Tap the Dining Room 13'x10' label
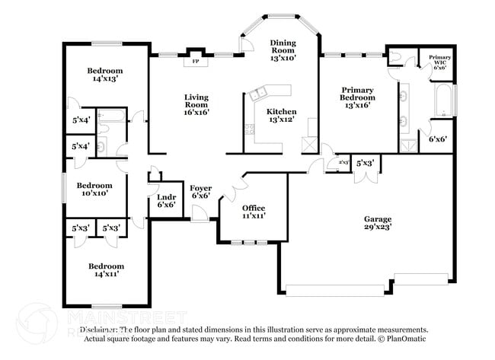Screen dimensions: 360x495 tap(283, 49)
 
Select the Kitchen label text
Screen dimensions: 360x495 tap(281, 116)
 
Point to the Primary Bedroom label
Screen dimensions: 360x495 tap(357, 97)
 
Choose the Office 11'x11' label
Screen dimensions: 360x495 tap(254, 212)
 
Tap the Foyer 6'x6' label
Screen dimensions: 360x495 tap(200, 191)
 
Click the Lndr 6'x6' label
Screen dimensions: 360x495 tap(167, 200)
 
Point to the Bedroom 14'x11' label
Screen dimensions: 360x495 tap(105, 270)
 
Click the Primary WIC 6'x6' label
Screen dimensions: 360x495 tap(440, 62)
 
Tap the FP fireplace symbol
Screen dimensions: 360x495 tap(195, 60)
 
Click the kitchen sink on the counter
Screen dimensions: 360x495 tap(258, 94)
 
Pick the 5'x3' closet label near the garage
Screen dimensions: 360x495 tap(365, 163)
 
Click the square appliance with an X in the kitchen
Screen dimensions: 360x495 tap(308, 144)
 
